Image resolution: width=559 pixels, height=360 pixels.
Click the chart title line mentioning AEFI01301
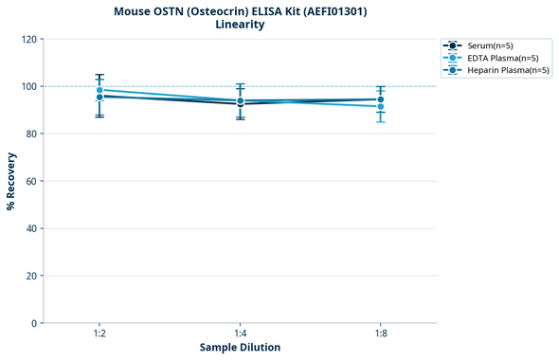coord(240,11)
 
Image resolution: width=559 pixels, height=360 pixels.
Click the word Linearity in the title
coord(240,25)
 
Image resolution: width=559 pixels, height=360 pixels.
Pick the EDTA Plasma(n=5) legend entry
coord(496,58)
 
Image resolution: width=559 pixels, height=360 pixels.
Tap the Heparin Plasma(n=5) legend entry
coord(500,70)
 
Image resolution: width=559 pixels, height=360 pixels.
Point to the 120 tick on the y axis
coord(29,40)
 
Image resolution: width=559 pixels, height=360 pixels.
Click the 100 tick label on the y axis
coord(29,86)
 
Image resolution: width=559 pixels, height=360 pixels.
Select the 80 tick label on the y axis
coord(32,134)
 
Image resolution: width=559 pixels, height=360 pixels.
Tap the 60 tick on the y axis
coord(32,181)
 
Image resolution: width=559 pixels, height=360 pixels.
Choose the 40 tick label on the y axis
coord(32,228)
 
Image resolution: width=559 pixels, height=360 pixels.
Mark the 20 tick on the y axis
coord(32,276)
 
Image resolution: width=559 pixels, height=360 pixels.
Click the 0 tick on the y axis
coord(35,323)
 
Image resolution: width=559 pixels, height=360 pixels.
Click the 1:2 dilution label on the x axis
coord(99,334)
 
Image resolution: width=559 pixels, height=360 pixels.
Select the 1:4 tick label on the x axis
coord(240,334)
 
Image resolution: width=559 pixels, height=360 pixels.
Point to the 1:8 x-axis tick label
coord(380,334)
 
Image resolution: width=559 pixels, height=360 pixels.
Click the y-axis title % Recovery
coord(11,181)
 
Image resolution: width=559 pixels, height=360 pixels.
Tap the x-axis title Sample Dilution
coord(240,348)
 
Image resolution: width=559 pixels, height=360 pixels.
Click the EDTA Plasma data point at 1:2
coord(99,90)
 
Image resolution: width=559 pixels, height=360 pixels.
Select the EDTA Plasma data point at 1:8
coord(380,106)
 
